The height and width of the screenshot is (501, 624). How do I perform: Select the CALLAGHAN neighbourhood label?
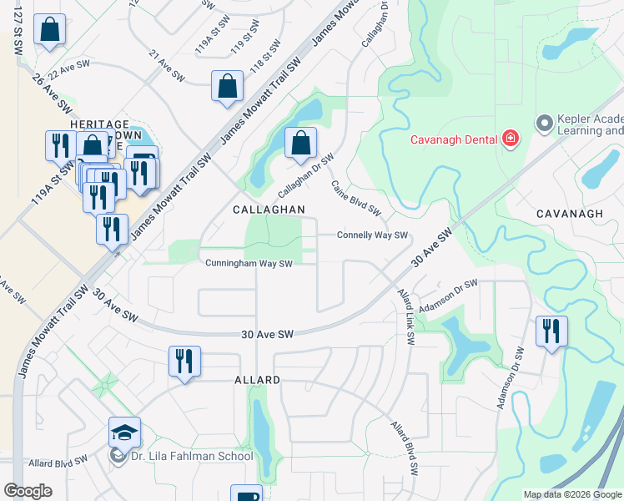pyautogui.click(x=269, y=209)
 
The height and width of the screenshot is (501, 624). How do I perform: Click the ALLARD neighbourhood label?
pyautogui.click(x=257, y=380)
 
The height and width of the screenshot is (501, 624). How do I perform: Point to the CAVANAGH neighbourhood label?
pyautogui.click(x=571, y=214)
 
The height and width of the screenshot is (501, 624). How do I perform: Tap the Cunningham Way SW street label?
pyautogui.click(x=249, y=264)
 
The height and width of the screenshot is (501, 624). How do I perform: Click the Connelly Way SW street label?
pyautogui.click(x=372, y=235)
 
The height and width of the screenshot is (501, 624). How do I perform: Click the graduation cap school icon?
pyautogui.click(x=124, y=433)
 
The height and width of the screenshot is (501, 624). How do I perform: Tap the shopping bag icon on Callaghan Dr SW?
pyautogui.click(x=301, y=143)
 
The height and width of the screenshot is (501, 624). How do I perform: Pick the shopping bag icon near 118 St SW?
pyautogui.click(x=228, y=86)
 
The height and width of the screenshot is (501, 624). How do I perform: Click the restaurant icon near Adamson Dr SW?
pyautogui.click(x=551, y=331)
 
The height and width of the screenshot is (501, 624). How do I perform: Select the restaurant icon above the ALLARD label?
pyautogui.click(x=184, y=362)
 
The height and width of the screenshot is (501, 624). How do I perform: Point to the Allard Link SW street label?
pyautogui.click(x=406, y=318)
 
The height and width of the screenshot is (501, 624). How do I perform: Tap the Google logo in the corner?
pyautogui.click(x=28, y=491)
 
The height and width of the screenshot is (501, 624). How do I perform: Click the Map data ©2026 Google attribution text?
pyautogui.click(x=572, y=494)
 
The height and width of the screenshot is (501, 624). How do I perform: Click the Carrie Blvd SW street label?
pyautogui.click(x=356, y=197)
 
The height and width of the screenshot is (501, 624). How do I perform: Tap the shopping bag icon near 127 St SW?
pyautogui.click(x=50, y=29)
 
